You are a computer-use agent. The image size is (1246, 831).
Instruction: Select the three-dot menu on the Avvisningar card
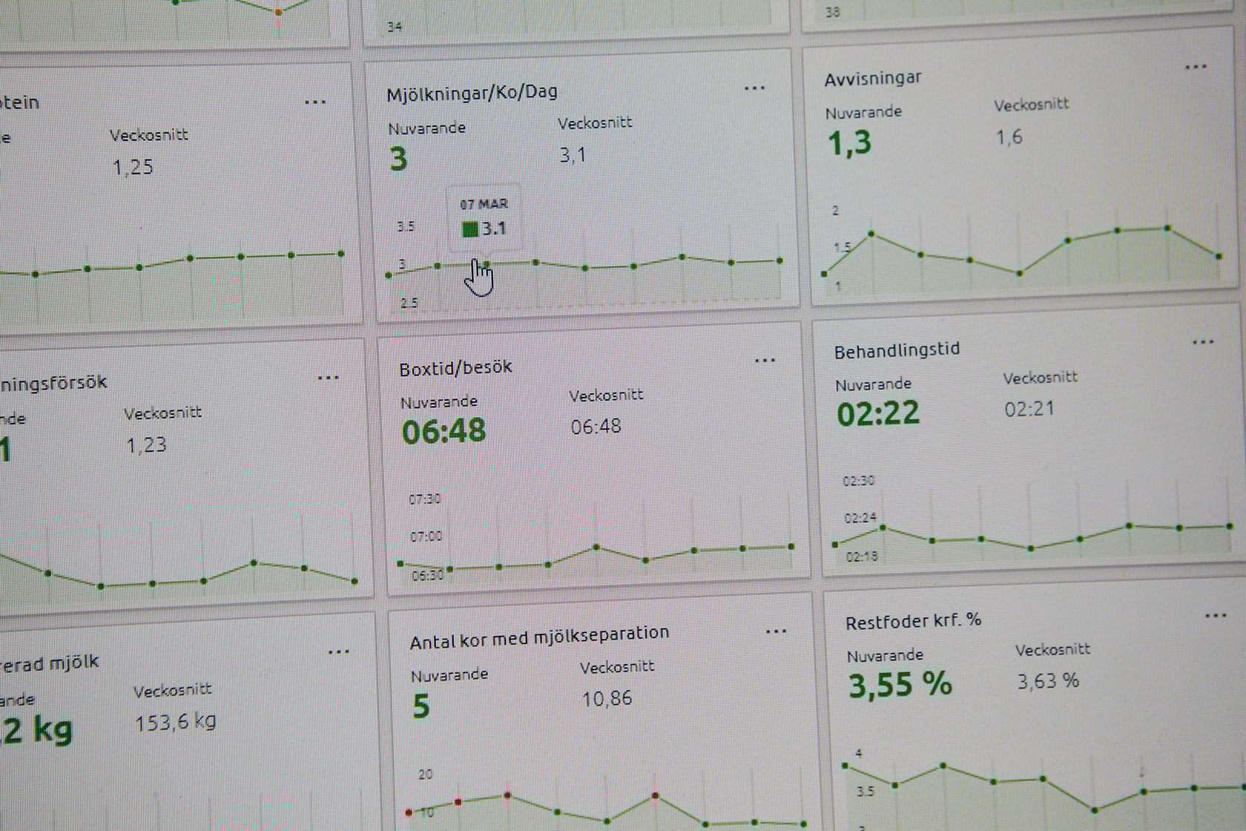(1196, 68)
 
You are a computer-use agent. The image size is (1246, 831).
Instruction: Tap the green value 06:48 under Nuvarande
(444, 431)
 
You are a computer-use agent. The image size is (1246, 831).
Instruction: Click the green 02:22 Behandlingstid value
(878, 413)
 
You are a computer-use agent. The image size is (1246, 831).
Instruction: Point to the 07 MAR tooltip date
(484, 204)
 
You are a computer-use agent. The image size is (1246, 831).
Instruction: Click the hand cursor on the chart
(480, 277)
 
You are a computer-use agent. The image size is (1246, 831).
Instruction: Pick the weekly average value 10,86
(607, 698)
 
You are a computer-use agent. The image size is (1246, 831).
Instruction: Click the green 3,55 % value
(900, 684)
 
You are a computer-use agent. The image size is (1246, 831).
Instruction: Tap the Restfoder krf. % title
(913, 621)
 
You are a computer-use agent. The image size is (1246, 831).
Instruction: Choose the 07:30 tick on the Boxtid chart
(424, 499)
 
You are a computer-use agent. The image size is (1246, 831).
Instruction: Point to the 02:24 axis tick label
(860, 518)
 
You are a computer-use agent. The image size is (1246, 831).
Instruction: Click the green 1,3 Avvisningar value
(849, 142)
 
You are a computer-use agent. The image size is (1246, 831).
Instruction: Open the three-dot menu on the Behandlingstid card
(1203, 343)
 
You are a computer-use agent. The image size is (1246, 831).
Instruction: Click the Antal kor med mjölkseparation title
(539, 637)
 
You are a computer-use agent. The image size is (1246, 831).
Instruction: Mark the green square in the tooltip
(469, 229)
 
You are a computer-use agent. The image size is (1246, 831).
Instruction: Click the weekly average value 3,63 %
(1047, 680)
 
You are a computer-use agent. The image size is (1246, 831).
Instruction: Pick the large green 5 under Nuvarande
(421, 706)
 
